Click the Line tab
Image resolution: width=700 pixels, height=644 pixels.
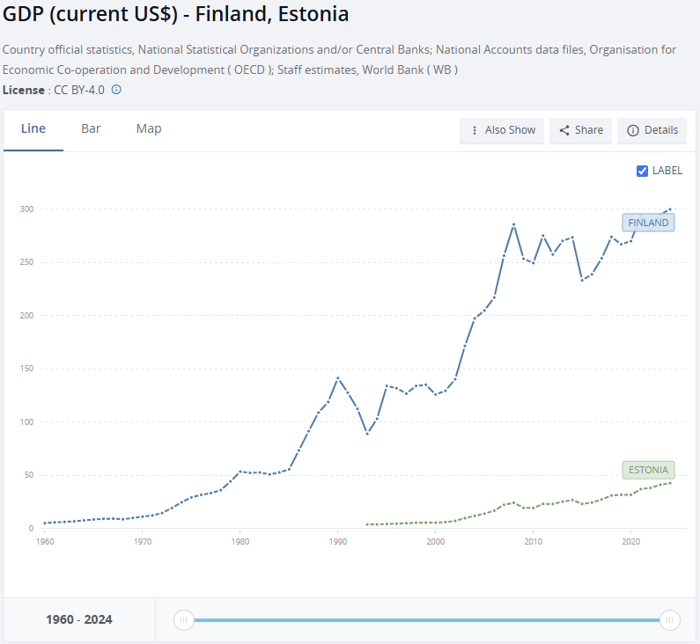pos(33,128)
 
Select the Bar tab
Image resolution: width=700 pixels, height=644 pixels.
pos(91,128)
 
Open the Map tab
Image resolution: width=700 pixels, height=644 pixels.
pos(149,128)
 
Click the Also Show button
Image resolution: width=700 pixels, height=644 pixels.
pos(502,130)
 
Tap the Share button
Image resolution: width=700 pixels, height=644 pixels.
pos(581,130)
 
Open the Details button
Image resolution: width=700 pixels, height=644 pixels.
pos(652,130)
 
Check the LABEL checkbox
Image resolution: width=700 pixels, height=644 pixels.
pos(643,171)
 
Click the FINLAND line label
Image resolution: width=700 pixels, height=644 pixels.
pos(648,223)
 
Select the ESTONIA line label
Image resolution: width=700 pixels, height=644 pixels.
pos(648,470)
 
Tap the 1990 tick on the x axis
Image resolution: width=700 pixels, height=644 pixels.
pos(337,542)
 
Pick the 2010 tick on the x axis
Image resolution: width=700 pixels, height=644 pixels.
pos(533,542)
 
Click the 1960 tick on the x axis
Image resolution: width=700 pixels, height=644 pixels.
pos(44,542)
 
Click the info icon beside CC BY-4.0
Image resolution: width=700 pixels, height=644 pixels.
pos(116,90)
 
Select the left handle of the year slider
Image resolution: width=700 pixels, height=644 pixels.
pos(184,620)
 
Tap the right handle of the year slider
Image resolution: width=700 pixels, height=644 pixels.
pos(670,620)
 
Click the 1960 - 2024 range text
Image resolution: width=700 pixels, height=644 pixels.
pos(79,619)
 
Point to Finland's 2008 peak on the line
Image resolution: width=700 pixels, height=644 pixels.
pos(513,224)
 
